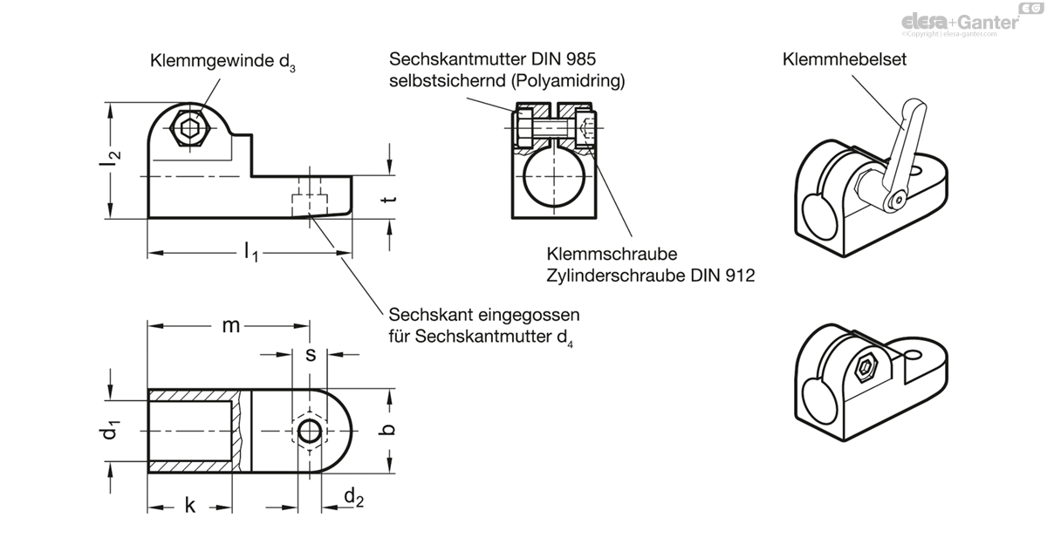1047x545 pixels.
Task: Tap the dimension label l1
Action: coord(250,254)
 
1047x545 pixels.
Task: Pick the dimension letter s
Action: coord(310,355)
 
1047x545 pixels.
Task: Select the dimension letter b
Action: coord(391,428)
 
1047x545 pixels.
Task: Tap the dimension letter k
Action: coord(190,507)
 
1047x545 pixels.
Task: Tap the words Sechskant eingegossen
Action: coord(484,314)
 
